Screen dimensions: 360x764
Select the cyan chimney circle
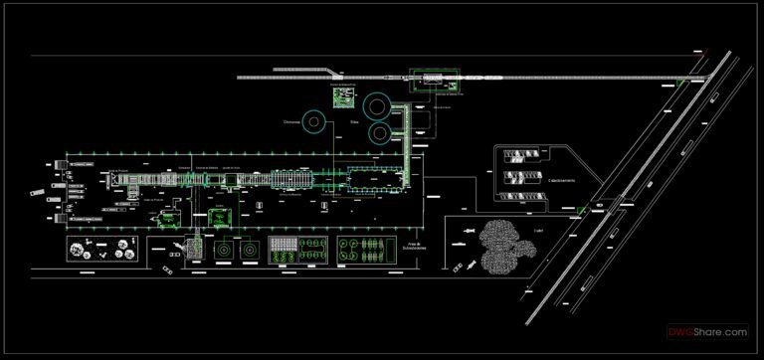coord(314,122)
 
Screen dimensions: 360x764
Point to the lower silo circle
coord(381,131)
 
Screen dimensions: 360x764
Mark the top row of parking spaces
coord(523,153)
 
